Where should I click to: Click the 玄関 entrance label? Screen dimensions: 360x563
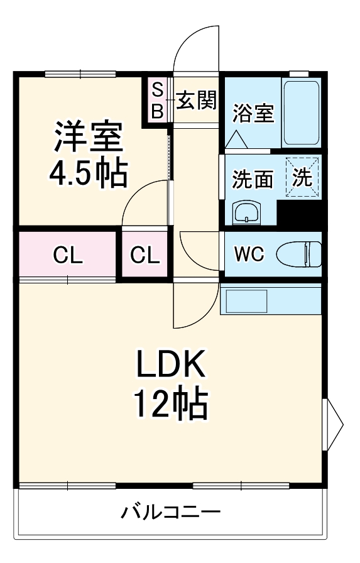196,100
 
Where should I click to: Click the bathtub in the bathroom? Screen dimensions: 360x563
301,112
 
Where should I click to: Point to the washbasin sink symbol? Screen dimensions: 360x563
246,212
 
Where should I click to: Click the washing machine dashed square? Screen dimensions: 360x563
302,177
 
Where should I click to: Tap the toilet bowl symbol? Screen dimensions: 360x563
298,254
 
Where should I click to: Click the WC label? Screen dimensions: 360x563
249,254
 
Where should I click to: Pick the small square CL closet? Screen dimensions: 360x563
145,254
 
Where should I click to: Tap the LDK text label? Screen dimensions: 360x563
170,363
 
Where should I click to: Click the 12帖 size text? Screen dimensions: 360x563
171,403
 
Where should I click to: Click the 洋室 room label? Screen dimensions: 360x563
89,136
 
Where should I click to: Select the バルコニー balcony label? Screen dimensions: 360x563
170,511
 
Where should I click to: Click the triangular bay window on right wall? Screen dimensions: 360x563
333,424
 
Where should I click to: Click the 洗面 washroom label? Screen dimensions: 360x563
253,178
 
